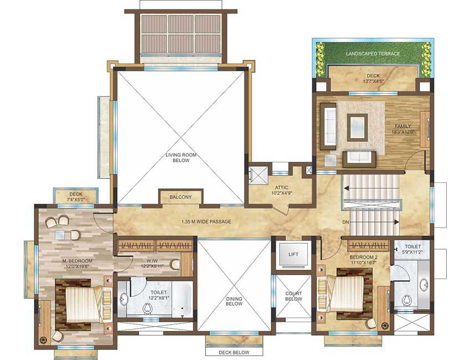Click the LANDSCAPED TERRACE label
(373, 54)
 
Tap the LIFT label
(293, 254)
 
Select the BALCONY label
(181, 197)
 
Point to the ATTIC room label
(281, 188)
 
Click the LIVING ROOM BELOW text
(181, 158)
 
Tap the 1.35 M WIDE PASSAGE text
(206, 222)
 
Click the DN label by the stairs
(345, 223)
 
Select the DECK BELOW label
(234, 352)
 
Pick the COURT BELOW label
(294, 296)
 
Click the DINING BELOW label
(234, 301)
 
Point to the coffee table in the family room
(357, 127)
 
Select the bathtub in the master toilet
(182, 299)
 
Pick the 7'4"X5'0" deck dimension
(76, 199)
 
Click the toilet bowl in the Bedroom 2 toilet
(407, 300)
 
